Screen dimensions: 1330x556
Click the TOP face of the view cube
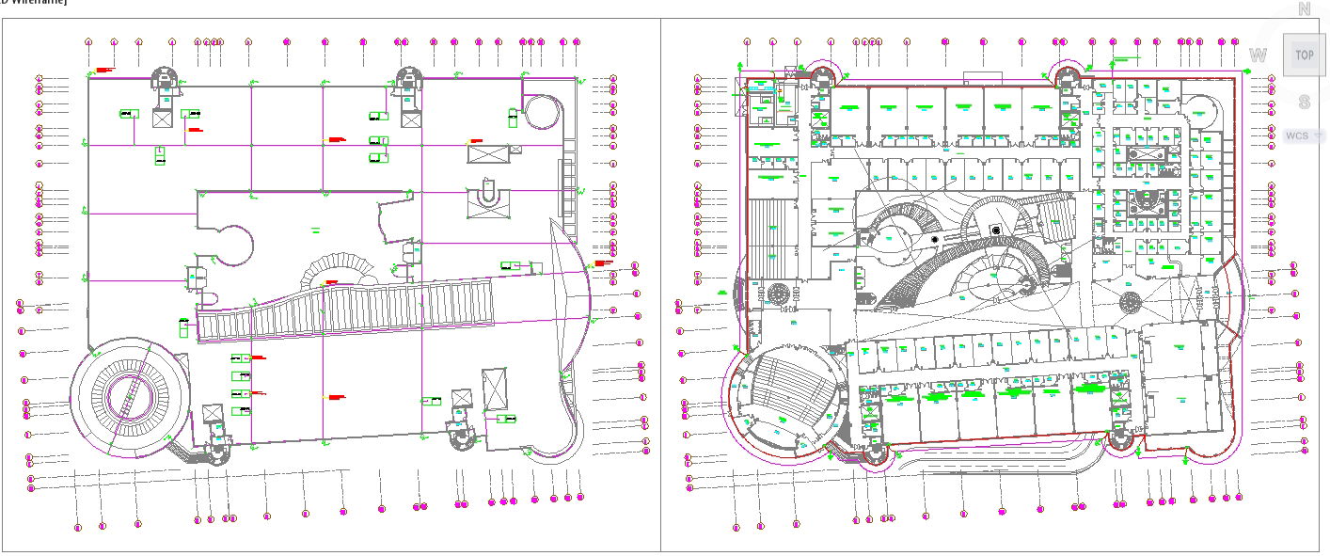(1305, 55)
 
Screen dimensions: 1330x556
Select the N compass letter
(1305, 9)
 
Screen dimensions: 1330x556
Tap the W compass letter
(1258, 56)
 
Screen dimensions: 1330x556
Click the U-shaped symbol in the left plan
(486, 193)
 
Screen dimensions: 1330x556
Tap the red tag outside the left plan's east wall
(604, 263)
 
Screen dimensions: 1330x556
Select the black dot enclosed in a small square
(996, 230)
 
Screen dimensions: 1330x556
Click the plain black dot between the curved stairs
(935, 240)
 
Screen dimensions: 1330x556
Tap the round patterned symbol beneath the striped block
(777, 292)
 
